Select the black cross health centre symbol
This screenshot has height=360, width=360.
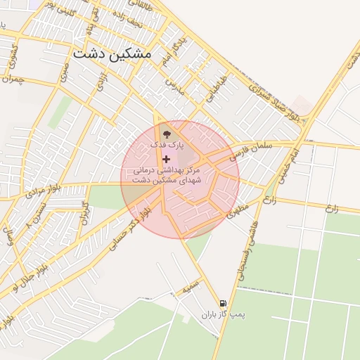pos(166,160)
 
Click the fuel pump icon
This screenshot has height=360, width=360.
pos(223,303)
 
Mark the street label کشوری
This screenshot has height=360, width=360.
pos(10,53)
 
